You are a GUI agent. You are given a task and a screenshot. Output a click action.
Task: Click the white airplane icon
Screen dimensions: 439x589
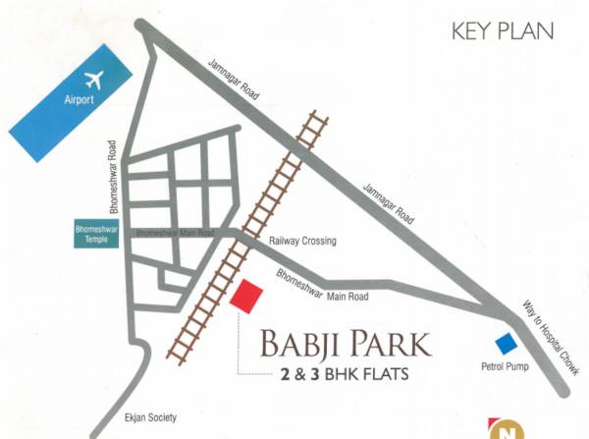pos(95,79)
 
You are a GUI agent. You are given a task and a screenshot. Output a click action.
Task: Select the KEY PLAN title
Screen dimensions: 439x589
pos(502,30)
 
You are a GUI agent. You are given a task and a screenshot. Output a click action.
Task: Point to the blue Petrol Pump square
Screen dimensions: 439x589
pos(506,344)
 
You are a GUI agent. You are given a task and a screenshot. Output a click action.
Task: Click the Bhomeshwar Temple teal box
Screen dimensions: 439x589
pos(95,236)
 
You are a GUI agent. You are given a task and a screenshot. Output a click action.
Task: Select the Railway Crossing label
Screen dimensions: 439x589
pos(302,241)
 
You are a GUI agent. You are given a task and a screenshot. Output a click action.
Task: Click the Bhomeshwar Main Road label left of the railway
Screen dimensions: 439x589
pos(174,234)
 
